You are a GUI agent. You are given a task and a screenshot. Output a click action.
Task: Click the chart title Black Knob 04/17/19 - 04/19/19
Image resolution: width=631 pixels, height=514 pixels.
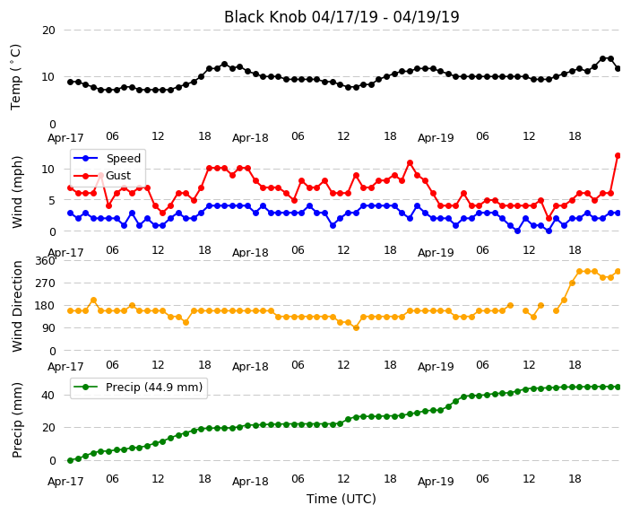341,17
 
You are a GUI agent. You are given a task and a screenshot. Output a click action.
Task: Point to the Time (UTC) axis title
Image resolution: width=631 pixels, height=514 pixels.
341,499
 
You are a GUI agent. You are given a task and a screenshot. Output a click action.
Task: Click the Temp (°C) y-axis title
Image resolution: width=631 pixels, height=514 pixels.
15,77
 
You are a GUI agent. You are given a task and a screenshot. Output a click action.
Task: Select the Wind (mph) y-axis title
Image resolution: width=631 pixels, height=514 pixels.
16,192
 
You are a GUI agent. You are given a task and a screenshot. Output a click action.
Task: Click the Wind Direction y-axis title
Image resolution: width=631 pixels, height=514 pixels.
16,306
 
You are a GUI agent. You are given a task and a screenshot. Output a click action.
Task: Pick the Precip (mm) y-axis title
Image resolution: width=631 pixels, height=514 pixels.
16,420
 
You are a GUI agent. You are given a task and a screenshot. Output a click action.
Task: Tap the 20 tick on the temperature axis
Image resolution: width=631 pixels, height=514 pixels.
48,30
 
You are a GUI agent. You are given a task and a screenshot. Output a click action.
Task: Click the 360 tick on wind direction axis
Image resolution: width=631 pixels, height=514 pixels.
45,261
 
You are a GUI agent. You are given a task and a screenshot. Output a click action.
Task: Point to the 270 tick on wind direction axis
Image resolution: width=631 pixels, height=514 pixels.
45,283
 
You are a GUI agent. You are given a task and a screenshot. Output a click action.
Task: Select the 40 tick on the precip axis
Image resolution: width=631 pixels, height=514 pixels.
48,396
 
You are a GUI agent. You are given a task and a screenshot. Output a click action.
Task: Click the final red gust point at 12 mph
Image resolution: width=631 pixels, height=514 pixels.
618,155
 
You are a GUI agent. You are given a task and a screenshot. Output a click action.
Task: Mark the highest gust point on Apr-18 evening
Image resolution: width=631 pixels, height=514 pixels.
410,163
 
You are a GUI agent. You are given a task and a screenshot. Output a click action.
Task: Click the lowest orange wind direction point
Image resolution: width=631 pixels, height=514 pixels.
356,328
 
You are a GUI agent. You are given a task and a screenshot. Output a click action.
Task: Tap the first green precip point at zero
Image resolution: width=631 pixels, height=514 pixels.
71,460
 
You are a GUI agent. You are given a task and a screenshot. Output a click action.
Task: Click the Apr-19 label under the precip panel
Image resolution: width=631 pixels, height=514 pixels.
436,481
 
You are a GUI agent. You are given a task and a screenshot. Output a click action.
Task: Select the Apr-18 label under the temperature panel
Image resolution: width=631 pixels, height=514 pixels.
250,138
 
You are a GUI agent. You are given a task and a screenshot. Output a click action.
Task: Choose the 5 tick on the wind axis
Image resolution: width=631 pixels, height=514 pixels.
52,200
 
